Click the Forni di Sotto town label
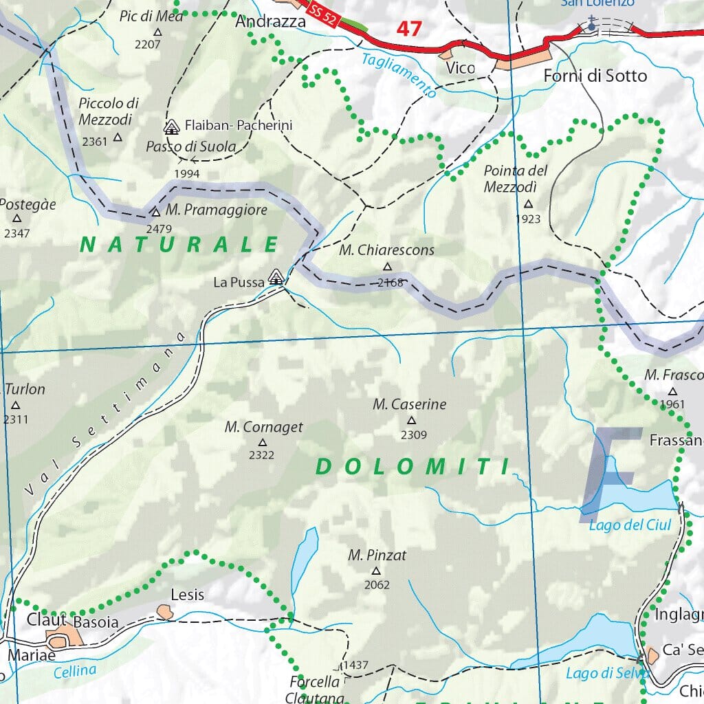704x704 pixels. pyautogui.click(x=595, y=76)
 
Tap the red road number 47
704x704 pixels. pyautogui.click(x=409, y=29)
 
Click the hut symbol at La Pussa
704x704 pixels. pyautogui.click(x=276, y=277)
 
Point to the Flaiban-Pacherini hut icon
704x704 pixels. pyautogui.click(x=171, y=126)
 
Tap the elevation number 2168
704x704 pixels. pyautogui.click(x=390, y=282)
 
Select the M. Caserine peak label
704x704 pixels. pyautogui.click(x=410, y=404)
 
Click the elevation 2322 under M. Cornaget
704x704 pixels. pyautogui.click(x=261, y=455)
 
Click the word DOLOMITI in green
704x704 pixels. pyautogui.click(x=412, y=467)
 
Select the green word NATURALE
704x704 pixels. pyautogui.click(x=179, y=244)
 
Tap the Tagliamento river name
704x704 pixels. pyautogui.click(x=399, y=75)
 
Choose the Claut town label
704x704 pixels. pyautogui.click(x=47, y=619)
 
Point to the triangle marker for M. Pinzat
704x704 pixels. pyautogui.click(x=376, y=571)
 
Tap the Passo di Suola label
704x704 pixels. pyautogui.click(x=190, y=146)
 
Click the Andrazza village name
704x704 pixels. pyautogui.click(x=270, y=22)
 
